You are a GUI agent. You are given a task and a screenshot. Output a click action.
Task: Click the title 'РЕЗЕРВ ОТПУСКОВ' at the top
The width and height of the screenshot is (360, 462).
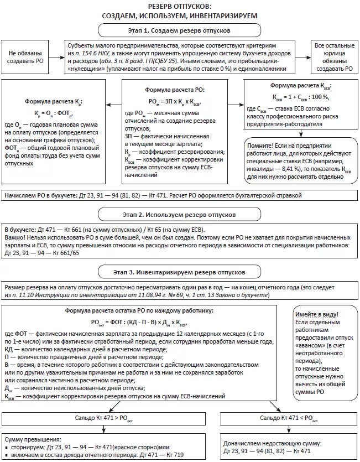pos(180,6)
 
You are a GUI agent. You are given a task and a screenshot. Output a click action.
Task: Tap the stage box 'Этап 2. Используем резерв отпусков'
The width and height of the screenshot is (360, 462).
pos(180,214)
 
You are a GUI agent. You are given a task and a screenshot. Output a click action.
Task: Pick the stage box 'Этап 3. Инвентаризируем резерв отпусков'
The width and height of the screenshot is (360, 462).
pos(180,272)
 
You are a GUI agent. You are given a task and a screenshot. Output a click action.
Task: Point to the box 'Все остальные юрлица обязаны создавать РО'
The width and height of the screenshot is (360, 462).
pos(333,56)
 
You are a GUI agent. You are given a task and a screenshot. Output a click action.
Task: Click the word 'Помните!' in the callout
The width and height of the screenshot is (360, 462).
pos(260,145)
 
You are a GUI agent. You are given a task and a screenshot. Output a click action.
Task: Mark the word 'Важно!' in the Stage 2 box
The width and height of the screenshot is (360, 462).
pos(15,236)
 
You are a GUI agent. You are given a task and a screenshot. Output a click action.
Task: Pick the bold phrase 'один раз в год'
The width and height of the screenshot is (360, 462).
pos(202,288)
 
